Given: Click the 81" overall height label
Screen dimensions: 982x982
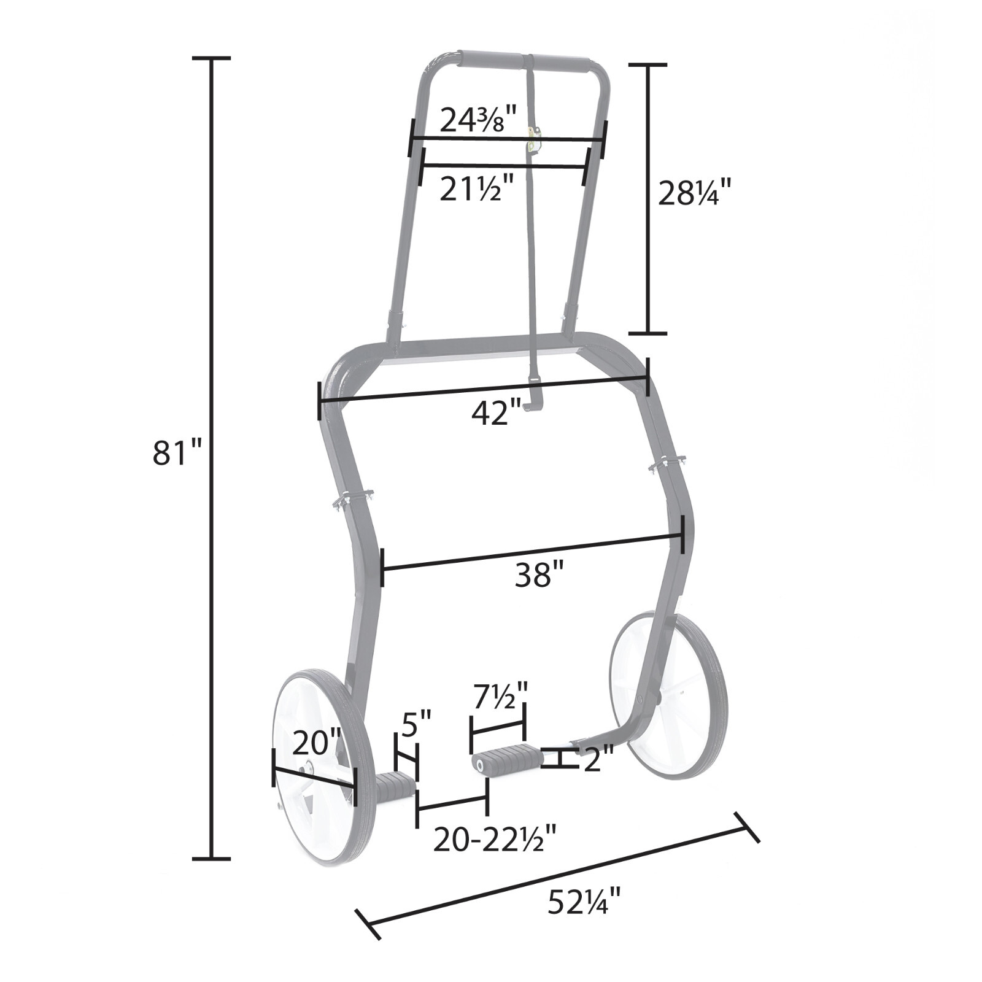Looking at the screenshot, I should point(177,454).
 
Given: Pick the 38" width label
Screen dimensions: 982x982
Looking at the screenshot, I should point(538,576).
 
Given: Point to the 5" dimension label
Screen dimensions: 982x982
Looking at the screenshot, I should point(417,725).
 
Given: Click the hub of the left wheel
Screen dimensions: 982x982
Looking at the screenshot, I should point(306,768).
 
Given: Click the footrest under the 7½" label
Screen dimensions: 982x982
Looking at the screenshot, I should point(507,759).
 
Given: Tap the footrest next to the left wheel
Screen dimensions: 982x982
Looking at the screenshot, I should point(395,788).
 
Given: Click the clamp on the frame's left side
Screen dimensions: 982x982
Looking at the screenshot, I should point(352,498).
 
